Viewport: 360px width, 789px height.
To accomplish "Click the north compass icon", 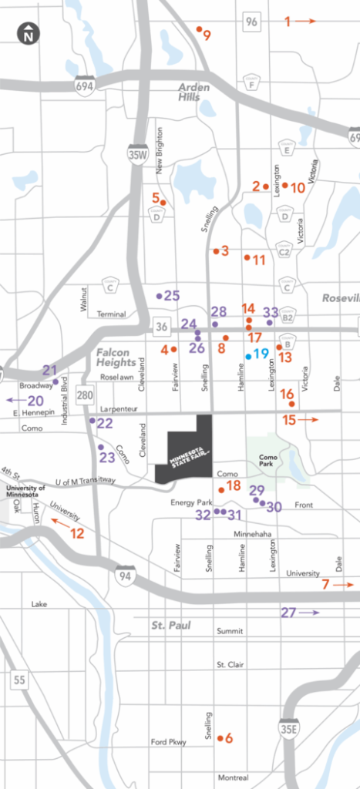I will pyautogui.click(x=29, y=34).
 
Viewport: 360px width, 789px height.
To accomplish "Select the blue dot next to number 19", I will pyautogui.click(x=248, y=356).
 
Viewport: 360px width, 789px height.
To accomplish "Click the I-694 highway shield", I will pyautogui.click(x=86, y=86).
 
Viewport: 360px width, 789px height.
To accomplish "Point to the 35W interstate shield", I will pyautogui.click(x=138, y=155).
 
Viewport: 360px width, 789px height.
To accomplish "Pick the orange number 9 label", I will pyautogui.click(x=207, y=35).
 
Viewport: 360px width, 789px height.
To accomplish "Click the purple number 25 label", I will pyautogui.click(x=172, y=295).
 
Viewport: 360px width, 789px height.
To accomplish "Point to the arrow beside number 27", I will pyautogui.click(x=310, y=613).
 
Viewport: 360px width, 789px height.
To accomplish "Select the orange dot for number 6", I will pyautogui.click(x=220, y=738).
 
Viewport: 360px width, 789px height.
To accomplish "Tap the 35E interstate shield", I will pyautogui.click(x=289, y=729).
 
